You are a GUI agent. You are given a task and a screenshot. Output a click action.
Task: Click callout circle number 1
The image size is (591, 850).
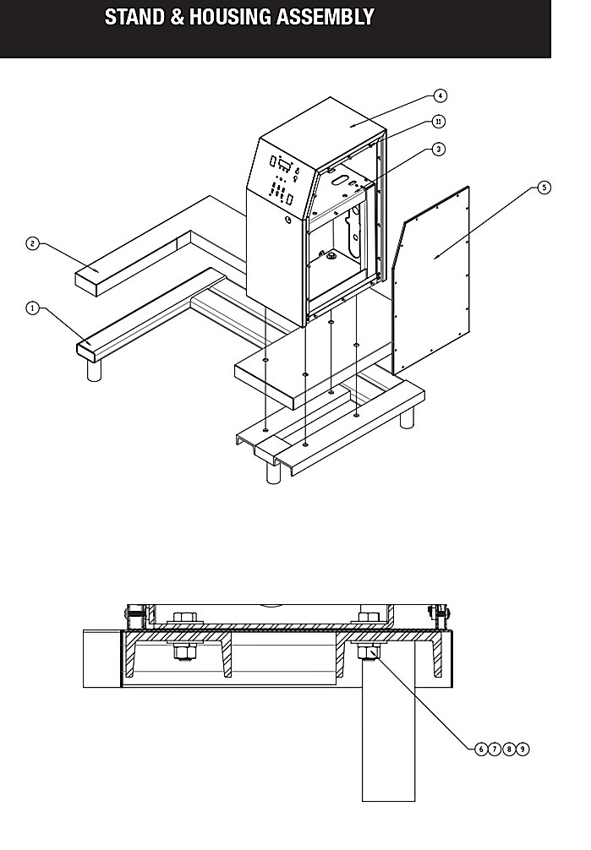(33, 308)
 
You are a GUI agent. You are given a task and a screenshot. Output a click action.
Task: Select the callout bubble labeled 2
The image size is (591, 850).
(33, 244)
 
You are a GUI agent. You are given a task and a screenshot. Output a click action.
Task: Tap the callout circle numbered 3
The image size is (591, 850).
(439, 149)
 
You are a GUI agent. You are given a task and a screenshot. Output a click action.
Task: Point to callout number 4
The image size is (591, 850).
(441, 95)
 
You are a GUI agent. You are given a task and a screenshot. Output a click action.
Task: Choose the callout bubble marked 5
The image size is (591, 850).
(544, 188)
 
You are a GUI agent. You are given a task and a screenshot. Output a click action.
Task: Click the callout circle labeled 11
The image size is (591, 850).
(439, 122)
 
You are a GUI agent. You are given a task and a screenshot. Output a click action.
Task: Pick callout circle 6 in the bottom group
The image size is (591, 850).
(481, 749)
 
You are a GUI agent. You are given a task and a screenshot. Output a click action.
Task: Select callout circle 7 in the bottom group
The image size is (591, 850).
(495, 749)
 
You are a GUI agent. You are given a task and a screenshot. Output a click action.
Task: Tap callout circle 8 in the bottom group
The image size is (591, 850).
(508, 749)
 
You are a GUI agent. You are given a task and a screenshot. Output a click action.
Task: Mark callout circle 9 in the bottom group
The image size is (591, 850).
(522, 749)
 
